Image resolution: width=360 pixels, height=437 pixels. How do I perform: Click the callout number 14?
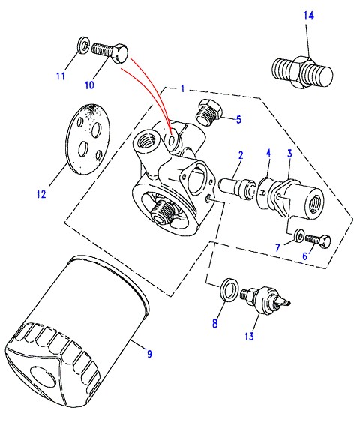(x=309, y=16)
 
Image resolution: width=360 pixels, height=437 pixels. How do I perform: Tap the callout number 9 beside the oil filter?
(x=149, y=354)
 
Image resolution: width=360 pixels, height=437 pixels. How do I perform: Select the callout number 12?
(x=41, y=194)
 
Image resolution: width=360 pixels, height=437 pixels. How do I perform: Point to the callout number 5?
(x=238, y=120)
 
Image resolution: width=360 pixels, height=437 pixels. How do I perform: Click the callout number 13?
(x=249, y=336)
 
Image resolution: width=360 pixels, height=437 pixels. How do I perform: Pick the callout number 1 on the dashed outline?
(x=183, y=88)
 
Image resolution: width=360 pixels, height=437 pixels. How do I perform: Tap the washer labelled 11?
(x=82, y=44)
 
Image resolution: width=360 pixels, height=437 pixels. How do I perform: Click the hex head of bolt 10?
(x=120, y=53)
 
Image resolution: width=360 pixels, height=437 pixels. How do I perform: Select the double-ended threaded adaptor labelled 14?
(x=302, y=73)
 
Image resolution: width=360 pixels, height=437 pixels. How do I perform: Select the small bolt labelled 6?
(x=318, y=241)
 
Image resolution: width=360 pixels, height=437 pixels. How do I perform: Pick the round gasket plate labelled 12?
(x=88, y=139)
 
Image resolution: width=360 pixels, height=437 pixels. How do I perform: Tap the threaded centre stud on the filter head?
(x=161, y=211)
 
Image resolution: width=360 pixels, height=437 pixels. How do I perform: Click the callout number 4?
(x=268, y=153)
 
